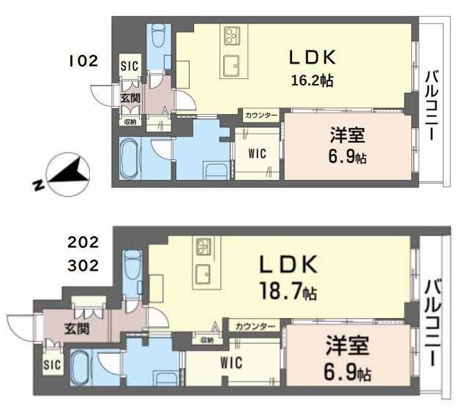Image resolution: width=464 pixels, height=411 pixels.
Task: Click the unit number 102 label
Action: [83, 61]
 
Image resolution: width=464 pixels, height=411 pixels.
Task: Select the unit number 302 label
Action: [83, 265]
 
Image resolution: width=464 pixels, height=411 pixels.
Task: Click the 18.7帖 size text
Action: [288, 293]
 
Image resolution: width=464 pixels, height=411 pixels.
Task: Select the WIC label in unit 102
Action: [255, 153]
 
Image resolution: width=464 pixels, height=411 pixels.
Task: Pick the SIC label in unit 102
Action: [129, 66]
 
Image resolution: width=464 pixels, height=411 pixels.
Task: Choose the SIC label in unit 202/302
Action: [50, 363]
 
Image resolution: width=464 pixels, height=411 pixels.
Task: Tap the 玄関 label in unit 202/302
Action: [76, 328]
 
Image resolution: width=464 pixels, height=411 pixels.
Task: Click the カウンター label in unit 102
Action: [261, 116]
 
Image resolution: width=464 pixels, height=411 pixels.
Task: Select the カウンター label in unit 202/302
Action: [255, 326]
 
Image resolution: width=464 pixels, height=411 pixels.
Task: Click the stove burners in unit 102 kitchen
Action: [233, 35]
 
